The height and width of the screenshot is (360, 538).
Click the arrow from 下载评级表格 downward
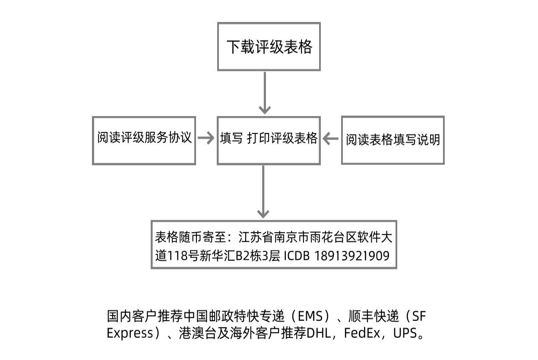coord(265,93)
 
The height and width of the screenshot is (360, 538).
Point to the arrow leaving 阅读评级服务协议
coord(206,138)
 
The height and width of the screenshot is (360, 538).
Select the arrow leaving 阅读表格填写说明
coord(330,138)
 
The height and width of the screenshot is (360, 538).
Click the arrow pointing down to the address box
coord(263,192)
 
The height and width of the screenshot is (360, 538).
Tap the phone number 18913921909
coord(352,256)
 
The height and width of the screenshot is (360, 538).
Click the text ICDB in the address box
coord(297,256)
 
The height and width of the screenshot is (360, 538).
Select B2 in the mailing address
coord(242,256)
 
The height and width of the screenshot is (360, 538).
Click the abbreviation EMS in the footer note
coord(310,316)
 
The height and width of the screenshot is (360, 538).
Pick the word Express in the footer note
coord(130,333)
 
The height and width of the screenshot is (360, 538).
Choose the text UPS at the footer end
coord(405,333)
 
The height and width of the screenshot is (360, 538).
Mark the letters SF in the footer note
coord(419,316)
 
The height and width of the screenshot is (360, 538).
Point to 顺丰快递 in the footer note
coord(374,316)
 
